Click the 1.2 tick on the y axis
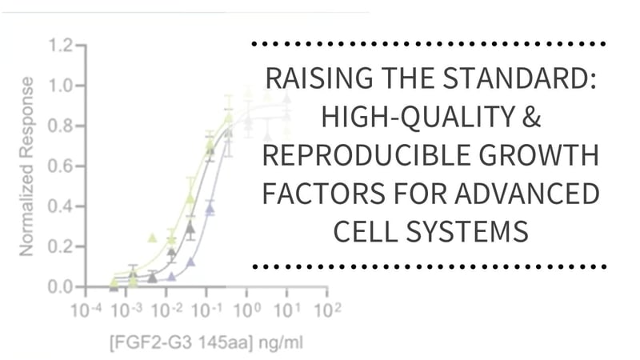62,46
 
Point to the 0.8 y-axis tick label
62,126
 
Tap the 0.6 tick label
62,166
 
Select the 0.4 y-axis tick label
62,206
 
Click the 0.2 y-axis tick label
62,246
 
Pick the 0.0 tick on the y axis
62,286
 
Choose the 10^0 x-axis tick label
247,309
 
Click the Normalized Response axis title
27,166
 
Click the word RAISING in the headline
308,80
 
